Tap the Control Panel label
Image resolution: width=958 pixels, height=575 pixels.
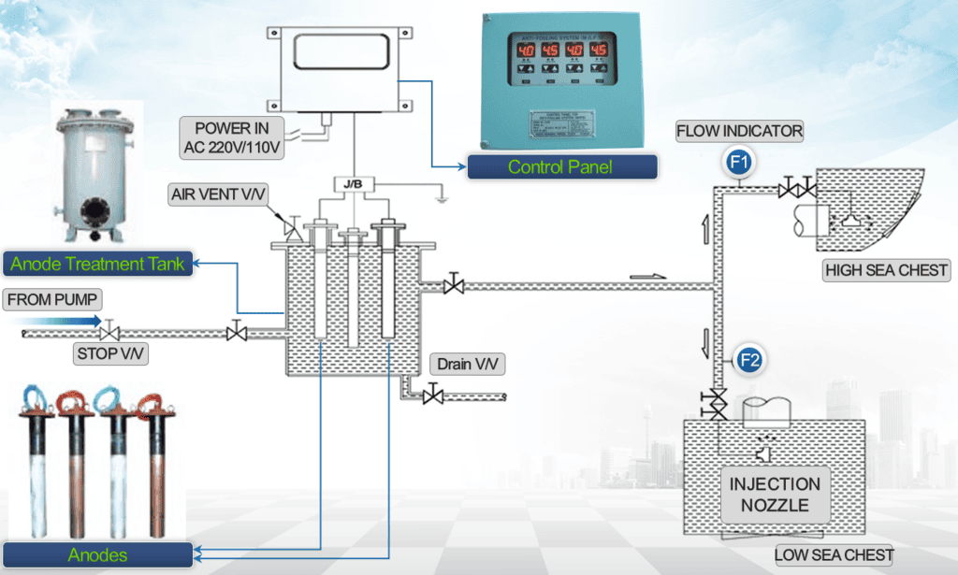[x=559, y=167]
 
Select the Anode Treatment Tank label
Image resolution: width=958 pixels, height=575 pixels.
[x=96, y=264]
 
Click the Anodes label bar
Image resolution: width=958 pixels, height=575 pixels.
[x=96, y=554]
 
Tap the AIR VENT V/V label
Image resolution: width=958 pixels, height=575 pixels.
[x=217, y=194]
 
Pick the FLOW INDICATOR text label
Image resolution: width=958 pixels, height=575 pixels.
[x=739, y=131]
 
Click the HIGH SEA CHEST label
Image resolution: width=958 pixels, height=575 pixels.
[x=885, y=271]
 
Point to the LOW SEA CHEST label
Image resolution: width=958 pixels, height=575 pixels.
[x=834, y=554]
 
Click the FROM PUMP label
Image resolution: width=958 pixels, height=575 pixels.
[x=52, y=300]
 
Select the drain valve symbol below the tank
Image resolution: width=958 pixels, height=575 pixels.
[x=432, y=396]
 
